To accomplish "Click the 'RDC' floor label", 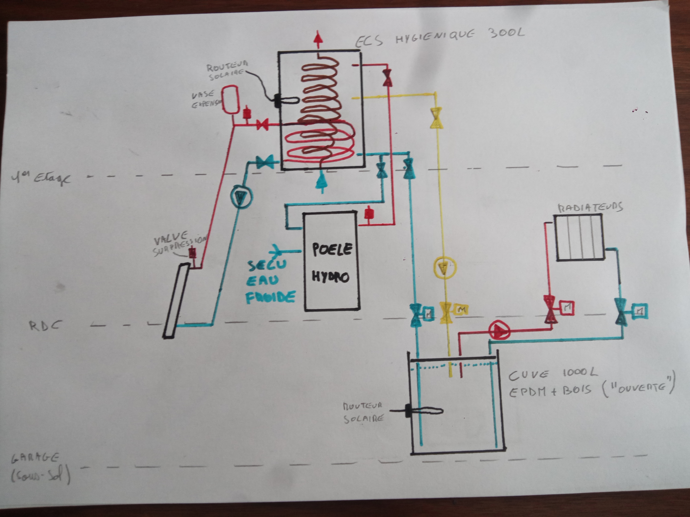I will point(45,326).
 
